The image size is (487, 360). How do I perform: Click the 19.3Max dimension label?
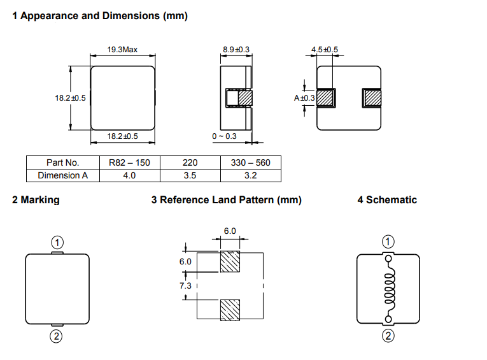pyautogui.click(x=122, y=50)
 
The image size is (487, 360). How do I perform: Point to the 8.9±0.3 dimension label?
pyautogui.click(x=236, y=50)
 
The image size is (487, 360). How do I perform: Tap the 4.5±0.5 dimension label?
pyautogui.click(x=325, y=50)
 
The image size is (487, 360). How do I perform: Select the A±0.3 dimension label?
pyautogui.click(x=304, y=98)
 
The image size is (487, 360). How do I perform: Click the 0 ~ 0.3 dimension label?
pyautogui.click(x=224, y=136)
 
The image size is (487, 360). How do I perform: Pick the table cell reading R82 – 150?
pyautogui.click(x=129, y=162)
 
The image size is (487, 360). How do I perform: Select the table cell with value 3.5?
pyautogui.click(x=190, y=175)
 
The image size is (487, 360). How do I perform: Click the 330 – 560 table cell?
pyautogui.click(x=251, y=162)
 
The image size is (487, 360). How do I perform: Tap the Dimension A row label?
pyautogui.click(x=63, y=175)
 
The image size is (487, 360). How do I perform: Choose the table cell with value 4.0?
pyautogui.click(x=129, y=175)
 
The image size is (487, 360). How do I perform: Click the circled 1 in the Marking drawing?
pyautogui.click(x=57, y=242)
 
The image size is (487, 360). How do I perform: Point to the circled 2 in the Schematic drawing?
pyautogui.click(x=388, y=336)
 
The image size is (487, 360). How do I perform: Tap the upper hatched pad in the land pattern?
pyautogui.click(x=230, y=262)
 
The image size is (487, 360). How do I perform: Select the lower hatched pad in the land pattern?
pyautogui.click(x=230, y=310)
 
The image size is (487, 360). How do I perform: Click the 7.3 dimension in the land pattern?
pyautogui.click(x=185, y=285)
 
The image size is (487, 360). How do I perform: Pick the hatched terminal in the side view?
pyautogui.click(x=245, y=98)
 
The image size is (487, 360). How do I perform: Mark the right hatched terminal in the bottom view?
pyautogui.click(x=372, y=98)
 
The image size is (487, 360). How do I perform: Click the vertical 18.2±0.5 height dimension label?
pyautogui.click(x=70, y=98)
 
